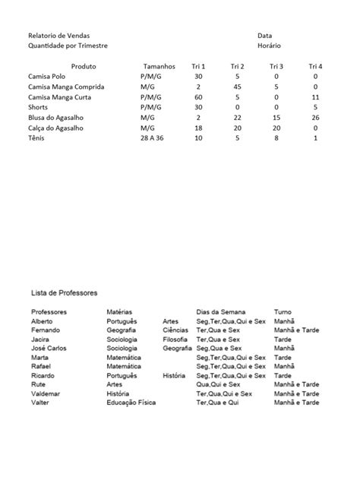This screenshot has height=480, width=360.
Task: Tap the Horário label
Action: [x=269, y=46]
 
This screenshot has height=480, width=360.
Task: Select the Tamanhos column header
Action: [x=159, y=67]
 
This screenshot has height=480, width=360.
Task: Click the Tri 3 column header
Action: [x=276, y=67]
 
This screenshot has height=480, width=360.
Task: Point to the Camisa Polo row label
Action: [x=48, y=77]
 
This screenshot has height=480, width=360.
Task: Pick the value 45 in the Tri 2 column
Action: [x=237, y=87]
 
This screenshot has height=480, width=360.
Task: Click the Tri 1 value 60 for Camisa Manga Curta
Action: [x=198, y=98]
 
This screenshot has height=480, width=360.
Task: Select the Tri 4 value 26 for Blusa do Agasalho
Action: [x=315, y=118]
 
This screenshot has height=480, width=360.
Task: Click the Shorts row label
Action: [x=38, y=108]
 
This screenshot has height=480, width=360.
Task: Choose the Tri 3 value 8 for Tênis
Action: [x=277, y=139]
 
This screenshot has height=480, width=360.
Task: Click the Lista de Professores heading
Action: [x=64, y=292]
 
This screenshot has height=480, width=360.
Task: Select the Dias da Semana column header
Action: [x=221, y=312]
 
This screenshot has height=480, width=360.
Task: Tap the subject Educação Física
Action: [x=131, y=403]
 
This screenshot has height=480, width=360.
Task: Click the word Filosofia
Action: [x=175, y=339]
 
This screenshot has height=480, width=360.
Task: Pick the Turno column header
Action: [x=283, y=312]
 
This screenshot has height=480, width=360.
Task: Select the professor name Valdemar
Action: [x=46, y=394]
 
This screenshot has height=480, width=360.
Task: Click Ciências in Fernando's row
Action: [x=175, y=330]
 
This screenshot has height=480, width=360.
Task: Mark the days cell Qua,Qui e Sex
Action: [x=219, y=385]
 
